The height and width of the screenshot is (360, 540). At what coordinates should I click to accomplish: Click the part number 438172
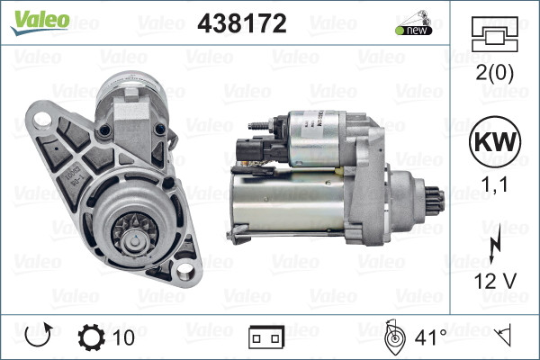[241, 24]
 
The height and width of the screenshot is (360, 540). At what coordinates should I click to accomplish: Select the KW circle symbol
[493, 144]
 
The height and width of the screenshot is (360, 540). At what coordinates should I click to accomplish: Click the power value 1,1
[493, 185]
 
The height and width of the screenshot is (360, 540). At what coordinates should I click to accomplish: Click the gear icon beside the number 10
[93, 337]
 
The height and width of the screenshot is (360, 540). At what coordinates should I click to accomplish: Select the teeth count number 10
[125, 337]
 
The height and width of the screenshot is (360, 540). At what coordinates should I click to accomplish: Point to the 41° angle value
[429, 337]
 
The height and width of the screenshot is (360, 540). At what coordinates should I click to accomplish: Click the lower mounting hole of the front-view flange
[187, 268]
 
